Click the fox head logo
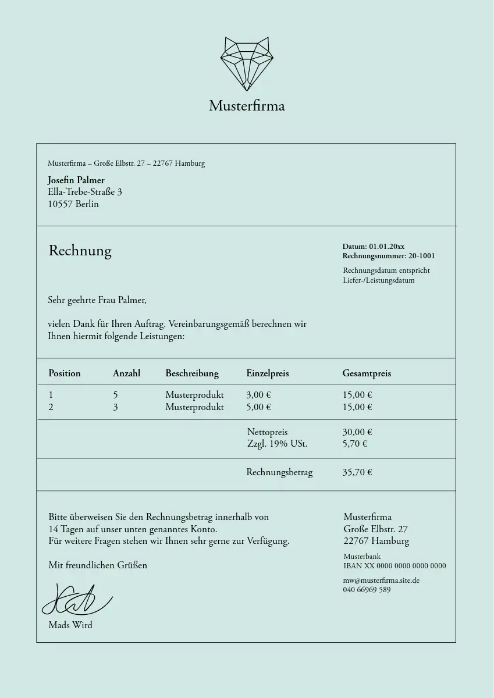pyautogui.click(x=247, y=63)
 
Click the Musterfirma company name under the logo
pyautogui.click(x=247, y=106)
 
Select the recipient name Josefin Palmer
pyautogui.click(x=76, y=180)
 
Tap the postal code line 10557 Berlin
pyautogui.click(x=73, y=204)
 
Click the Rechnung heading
pyautogui.click(x=80, y=251)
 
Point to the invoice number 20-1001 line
pyautogui.click(x=388, y=256)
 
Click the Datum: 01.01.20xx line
pyautogui.click(x=373, y=247)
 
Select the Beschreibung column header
pyautogui.click(x=192, y=373)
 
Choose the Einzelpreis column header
pyautogui.click(x=268, y=373)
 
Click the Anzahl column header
pyautogui.click(x=126, y=373)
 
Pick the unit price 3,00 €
pyautogui.click(x=258, y=395)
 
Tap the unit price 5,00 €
pyautogui.click(x=258, y=407)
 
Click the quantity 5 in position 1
pyautogui.click(x=115, y=395)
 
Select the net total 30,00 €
pyautogui.click(x=357, y=432)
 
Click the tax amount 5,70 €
pyautogui.click(x=354, y=444)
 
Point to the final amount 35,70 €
pyautogui.click(x=357, y=472)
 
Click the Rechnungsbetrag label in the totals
pyautogui.click(x=279, y=472)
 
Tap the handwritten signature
pyautogui.click(x=76, y=600)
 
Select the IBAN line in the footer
pyautogui.click(x=395, y=566)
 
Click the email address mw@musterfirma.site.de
pyautogui.click(x=381, y=581)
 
